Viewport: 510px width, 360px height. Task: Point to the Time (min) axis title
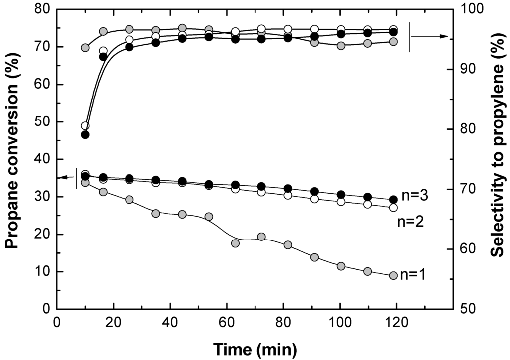[x=255, y=349]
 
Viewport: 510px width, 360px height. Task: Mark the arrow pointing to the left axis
[x=65, y=177]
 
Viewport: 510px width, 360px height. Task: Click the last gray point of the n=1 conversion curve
[x=393, y=276]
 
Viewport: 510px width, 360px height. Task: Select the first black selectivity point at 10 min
[x=85, y=134]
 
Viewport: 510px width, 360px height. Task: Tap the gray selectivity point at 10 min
[x=85, y=48]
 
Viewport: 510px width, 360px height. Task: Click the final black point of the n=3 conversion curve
[x=393, y=199]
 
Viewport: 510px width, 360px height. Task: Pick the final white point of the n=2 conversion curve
[x=393, y=207]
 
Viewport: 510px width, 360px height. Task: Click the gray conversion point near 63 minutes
[x=235, y=243]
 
